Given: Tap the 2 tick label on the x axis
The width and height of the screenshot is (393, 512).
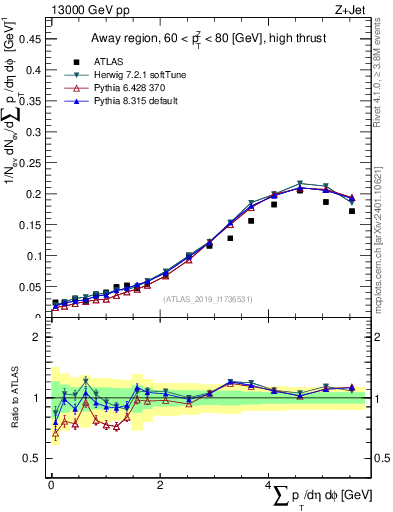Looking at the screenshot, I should [x=160, y=485].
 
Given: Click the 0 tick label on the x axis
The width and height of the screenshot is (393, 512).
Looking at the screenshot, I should [x=51, y=485].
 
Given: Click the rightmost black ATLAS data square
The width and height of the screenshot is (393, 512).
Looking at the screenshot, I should [x=352, y=211].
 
